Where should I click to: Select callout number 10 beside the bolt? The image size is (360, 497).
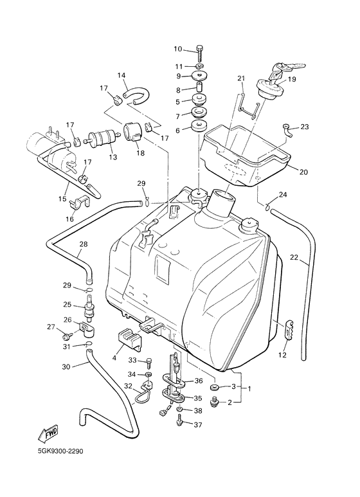[178, 49]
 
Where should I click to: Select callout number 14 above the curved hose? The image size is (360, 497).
[122, 75]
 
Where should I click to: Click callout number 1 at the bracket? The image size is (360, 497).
[249, 388]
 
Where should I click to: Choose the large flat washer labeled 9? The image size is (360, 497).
[199, 77]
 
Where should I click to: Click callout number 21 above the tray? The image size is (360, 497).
[240, 78]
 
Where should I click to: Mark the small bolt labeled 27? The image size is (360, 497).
[67, 336]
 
